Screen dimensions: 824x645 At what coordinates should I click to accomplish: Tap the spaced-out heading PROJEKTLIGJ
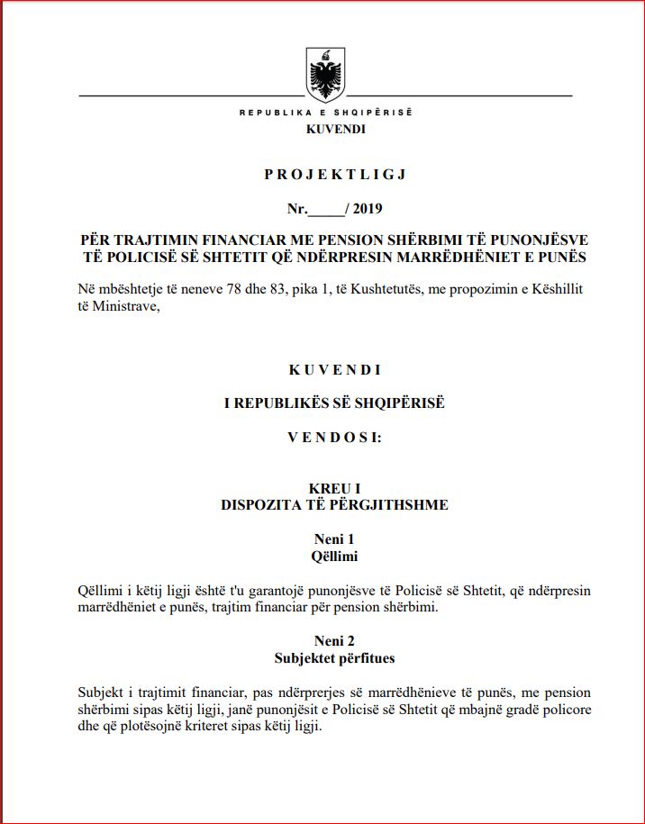point(335,174)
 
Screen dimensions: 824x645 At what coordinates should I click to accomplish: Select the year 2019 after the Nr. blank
point(368,210)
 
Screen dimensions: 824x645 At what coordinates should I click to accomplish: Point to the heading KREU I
point(335,488)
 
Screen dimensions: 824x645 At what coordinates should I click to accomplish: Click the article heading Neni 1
point(335,539)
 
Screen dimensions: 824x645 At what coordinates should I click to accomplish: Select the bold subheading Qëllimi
point(335,556)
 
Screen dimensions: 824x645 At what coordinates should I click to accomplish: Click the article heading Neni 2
point(335,641)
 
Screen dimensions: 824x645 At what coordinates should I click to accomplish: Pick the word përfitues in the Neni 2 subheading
point(365,658)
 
